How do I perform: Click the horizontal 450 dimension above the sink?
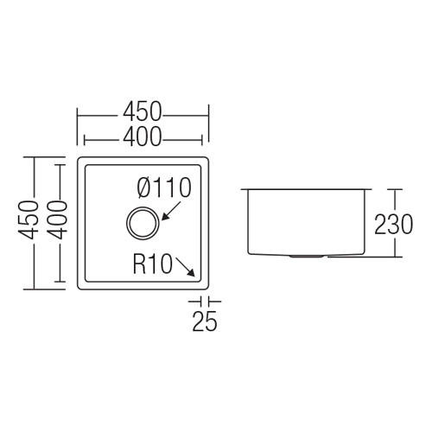coord(143,111)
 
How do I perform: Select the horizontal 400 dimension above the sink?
coord(142,136)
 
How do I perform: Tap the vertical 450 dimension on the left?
coord(29,220)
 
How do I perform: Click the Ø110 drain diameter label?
coord(164,187)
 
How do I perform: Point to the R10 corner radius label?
coord(153,264)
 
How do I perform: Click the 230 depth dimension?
coord(393,224)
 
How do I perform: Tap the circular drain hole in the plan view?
coord(143,223)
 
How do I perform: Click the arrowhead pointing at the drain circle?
coord(164,218)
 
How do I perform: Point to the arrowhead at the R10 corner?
coord(192,274)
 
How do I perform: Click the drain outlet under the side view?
coord(307,256)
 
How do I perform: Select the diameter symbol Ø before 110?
coord(144,187)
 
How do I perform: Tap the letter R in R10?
coord(139,264)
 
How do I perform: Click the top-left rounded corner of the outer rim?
coord(79,159)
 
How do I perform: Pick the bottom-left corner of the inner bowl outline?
coord(86,281)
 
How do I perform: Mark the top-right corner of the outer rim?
coord(206,159)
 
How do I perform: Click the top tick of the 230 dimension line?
coord(395,189)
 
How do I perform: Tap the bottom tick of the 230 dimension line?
coord(395,257)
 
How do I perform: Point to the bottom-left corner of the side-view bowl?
coord(249,253)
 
